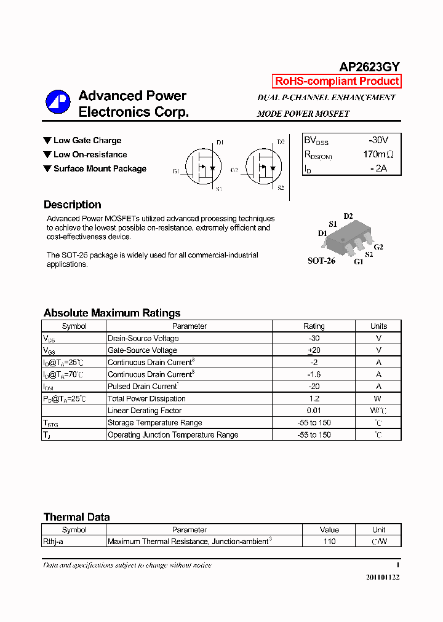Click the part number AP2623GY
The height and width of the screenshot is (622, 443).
pos(370,68)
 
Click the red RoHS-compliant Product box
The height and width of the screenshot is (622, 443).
pos(337,81)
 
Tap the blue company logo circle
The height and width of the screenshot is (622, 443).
pos(58,103)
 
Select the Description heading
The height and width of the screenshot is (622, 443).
pos(73,205)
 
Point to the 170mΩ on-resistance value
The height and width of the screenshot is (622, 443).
pos(378,154)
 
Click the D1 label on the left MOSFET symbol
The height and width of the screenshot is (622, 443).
pos(220,143)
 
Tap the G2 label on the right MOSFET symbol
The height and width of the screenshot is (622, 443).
pos(234,170)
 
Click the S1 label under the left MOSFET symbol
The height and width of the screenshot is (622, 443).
pos(220,189)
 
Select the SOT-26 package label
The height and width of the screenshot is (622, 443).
pos(321,261)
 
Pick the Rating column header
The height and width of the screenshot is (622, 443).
pos(314,326)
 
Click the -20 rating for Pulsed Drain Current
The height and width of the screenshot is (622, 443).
pos(314,387)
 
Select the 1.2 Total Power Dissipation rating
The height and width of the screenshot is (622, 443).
pos(314,398)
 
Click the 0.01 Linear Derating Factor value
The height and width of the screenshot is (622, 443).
pos(314,411)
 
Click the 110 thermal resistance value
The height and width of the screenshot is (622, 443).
pos(329,541)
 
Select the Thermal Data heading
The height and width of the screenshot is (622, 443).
pos(76,517)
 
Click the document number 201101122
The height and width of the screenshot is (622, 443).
pos(383,578)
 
